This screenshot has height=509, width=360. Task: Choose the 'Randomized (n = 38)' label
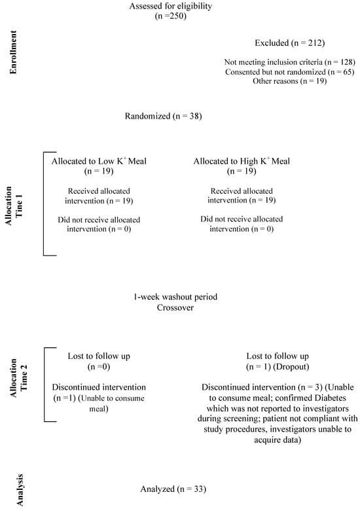pos(163,117)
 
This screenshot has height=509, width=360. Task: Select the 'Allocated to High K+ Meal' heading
pos(241,161)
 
